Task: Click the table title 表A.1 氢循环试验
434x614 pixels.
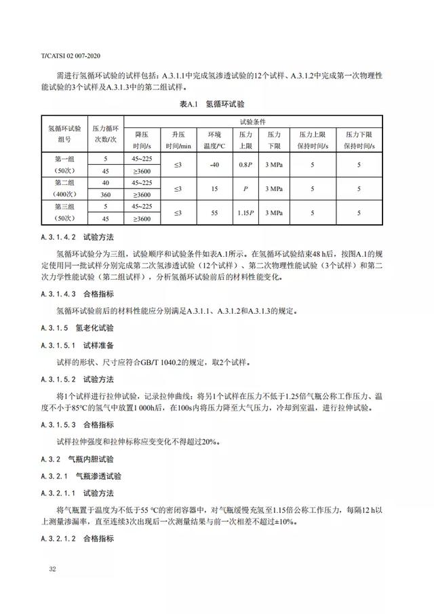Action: click(212, 104)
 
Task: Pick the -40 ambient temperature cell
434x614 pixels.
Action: click(215, 164)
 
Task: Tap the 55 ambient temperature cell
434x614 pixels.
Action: click(214, 213)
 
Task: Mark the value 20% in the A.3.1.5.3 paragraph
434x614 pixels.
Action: click(209, 442)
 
